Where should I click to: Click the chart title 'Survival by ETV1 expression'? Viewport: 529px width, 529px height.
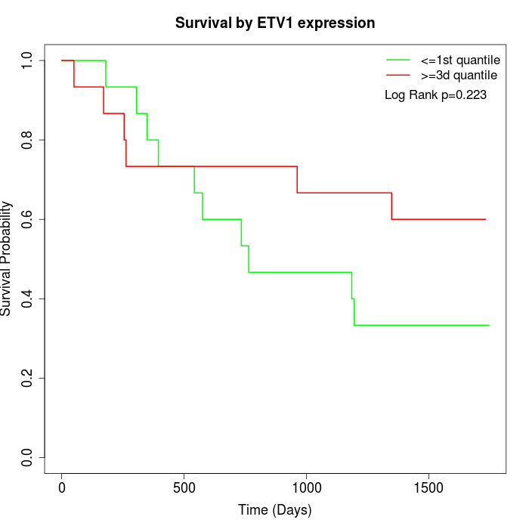[275, 23]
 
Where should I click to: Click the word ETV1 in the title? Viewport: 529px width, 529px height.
[287, 23]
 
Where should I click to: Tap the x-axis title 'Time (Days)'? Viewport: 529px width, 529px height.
[275, 510]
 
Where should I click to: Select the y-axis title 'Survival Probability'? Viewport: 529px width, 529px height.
[7, 258]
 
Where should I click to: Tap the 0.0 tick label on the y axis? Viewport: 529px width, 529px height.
[28, 457]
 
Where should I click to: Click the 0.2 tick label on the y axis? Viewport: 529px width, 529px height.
[28, 378]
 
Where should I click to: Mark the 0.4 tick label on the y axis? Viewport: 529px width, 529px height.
[28, 299]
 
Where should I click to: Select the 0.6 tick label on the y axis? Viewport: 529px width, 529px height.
[28, 219]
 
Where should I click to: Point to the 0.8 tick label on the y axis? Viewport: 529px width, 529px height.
[28, 140]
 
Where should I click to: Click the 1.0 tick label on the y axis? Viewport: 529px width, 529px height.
[28, 60]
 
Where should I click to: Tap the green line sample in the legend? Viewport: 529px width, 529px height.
[398, 60]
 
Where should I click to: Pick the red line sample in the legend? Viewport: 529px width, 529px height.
[398, 76]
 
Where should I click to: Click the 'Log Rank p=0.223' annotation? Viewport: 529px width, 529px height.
[435, 95]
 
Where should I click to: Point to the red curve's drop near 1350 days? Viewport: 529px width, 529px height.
[391, 206]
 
